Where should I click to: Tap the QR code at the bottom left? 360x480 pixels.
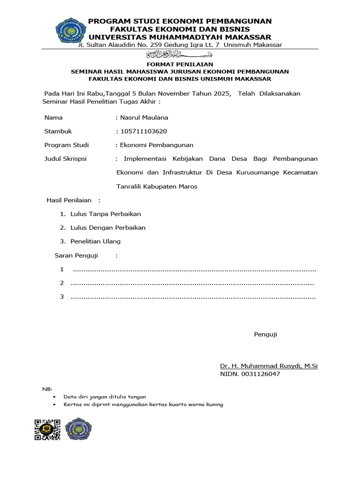point(48,429)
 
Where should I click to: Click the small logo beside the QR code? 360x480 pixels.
point(78,429)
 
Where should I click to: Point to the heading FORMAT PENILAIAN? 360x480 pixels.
point(180,64)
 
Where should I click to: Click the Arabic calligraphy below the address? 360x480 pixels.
point(180,54)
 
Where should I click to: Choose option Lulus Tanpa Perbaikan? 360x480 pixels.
point(105,214)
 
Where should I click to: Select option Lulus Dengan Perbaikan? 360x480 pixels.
point(108,227)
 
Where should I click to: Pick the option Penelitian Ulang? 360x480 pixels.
point(95,241)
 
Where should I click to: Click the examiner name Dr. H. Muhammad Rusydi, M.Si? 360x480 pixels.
point(269,366)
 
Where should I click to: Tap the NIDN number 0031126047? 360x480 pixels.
point(250,374)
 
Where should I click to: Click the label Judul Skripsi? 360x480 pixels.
point(65,159)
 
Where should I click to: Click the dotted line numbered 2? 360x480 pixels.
point(192,283)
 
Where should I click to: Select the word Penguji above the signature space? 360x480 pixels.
point(265,334)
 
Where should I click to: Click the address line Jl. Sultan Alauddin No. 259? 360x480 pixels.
point(180,45)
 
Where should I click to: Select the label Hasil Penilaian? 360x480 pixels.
point(69,200)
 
